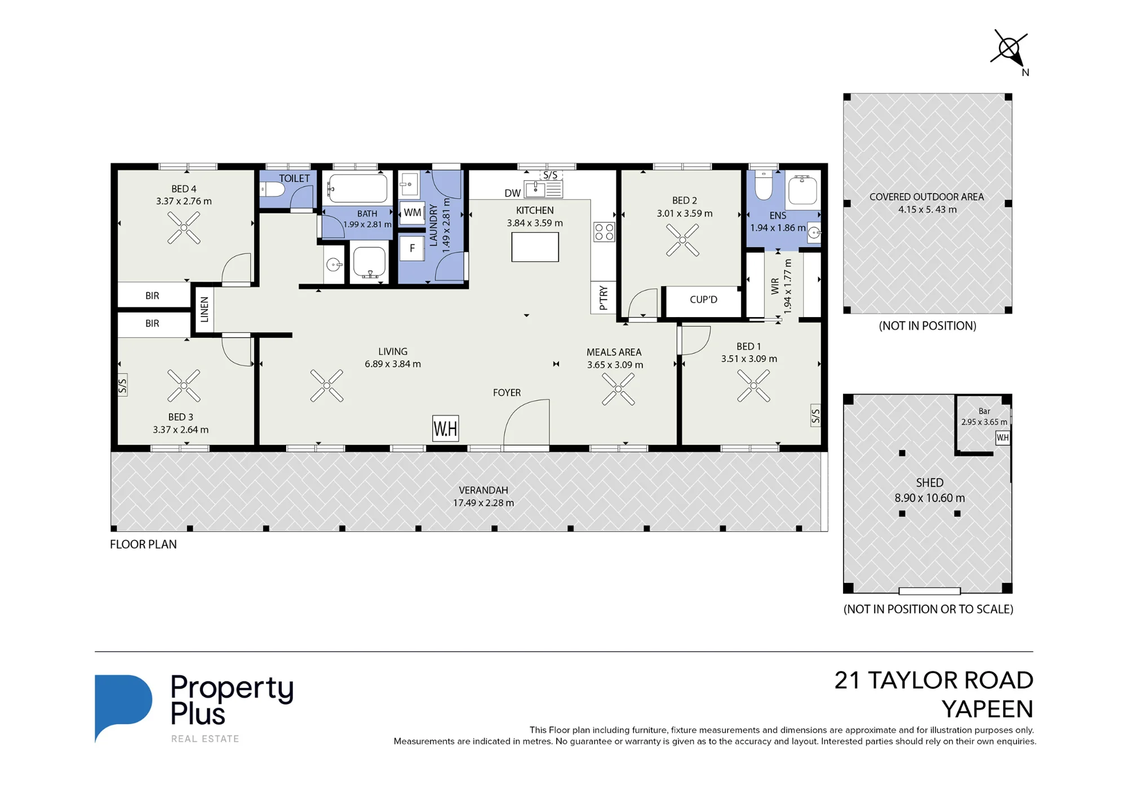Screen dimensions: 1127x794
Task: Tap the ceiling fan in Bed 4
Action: pyautogui.click(x=184, y=228)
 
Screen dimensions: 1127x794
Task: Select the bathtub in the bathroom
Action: pyautogui.click(x=357, y=188)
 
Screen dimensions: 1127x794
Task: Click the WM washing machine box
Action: pyautogui.click(x=412, y=213)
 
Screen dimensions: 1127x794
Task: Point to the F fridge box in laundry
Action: pyautogui.click(x=412, y=248)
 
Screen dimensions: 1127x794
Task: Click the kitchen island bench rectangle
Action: pyautogui.click(x=535, y=247)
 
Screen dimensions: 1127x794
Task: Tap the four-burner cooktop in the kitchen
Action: pyautogui.click(x=604, y=232)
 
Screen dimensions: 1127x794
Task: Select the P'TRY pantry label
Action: pyautogui.click(x=604, y=298)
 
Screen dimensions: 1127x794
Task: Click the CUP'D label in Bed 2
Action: pyautogui.click(x=703, y=300)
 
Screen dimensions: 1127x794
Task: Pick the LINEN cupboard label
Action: pyautogui.click(x=205, y=310)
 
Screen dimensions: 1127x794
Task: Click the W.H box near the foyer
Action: pyautogui.click(x=445, y=429)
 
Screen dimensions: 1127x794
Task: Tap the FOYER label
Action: pyautogui.click(x=507, y=392)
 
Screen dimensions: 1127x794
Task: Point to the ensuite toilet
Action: pyautogui.click(x=764, y=185)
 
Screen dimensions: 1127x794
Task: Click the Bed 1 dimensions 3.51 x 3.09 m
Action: pyautogui.click(x=749, y=359)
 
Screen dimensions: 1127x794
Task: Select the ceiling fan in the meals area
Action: pyautogui.click(x=618, y=389)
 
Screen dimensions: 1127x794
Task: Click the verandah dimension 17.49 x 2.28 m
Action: pyautogui.click(x=483, y=503)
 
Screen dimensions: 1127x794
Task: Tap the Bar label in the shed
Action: pyautogui.click(x=984, y=411)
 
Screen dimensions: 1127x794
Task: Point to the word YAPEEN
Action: pyautogui.click(x=987, y=709)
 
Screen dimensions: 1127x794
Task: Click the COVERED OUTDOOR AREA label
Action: pyautogui.click(x=926, y=197)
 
